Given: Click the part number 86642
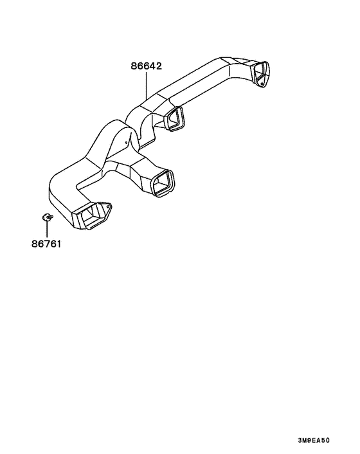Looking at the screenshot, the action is coord(146,66).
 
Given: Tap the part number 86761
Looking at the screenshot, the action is coord(46,244).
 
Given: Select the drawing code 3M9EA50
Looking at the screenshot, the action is coord(314,440).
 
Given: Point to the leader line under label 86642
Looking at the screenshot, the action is coord(146,86).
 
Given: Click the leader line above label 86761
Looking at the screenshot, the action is coord(46,229).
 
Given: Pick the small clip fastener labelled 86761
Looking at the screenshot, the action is coord(46,217).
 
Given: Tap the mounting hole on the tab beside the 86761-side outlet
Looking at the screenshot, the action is coord(109,206).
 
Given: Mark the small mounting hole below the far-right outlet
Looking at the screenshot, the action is coord(262,84).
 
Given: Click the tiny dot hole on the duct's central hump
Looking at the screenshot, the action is coord(126,142).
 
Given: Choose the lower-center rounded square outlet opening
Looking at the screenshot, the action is coord(163,183).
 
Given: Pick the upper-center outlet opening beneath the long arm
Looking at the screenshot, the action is coord(174,118).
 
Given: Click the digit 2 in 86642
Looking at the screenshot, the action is coord(159,66).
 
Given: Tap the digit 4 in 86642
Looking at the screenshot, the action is coord(152,66).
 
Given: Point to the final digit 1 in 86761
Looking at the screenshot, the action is coord(59,244).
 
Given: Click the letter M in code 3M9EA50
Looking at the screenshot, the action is coord(305,440).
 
